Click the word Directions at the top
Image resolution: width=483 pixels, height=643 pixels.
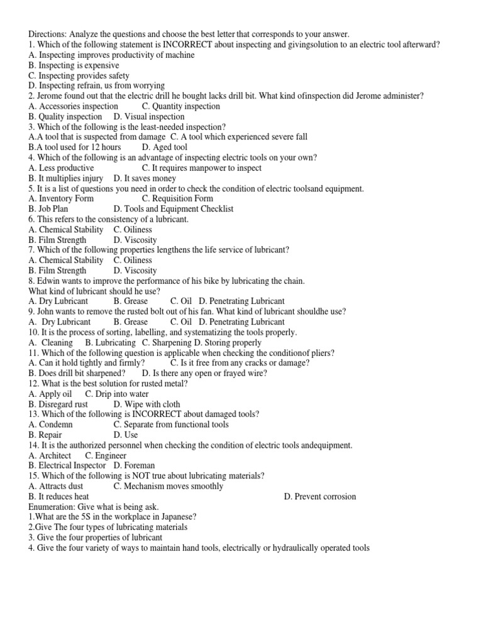click(49, 35)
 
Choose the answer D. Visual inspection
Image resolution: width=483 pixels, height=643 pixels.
click(149, 116)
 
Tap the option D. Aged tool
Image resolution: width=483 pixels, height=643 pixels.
click(165, 147)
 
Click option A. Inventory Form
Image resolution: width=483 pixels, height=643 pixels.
click(61, 198)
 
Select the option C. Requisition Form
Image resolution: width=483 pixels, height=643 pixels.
click(177, 198)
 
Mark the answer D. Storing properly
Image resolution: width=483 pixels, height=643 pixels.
click(228, 342)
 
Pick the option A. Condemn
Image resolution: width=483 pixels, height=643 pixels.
click(51, 424)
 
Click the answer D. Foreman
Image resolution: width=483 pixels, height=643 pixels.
click(134, 465)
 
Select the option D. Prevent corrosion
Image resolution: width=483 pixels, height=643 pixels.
click(319, 496)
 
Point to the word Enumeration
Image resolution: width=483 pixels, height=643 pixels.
click(53, 507)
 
